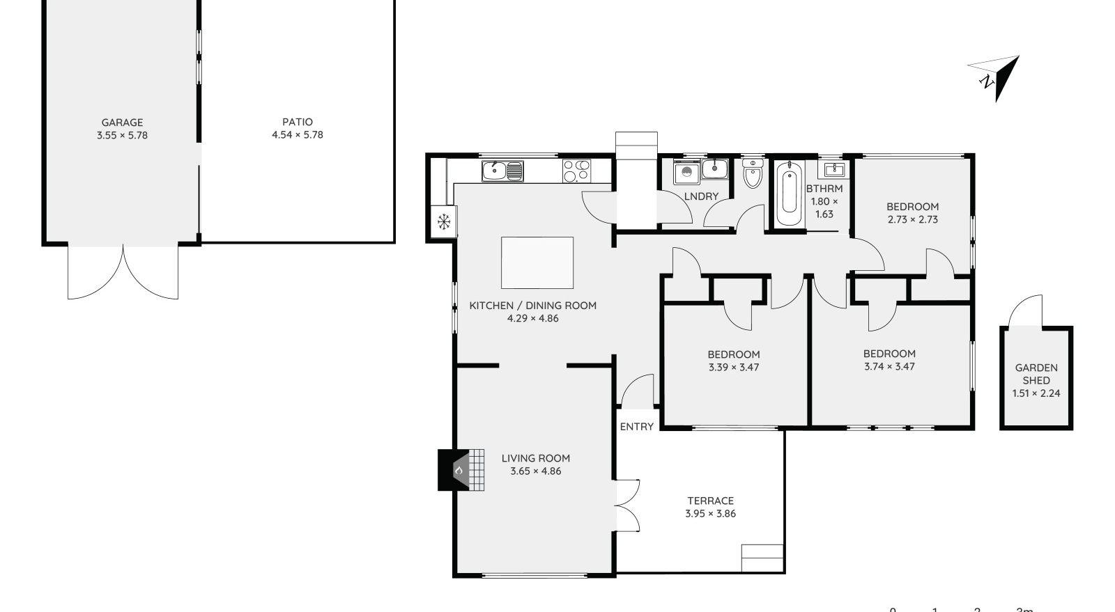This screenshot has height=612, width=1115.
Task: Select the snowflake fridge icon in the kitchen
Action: point(443,222)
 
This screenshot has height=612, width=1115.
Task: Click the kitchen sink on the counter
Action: point(502,171)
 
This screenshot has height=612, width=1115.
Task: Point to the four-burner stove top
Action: point(576,171)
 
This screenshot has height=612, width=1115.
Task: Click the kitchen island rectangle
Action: point(537,262)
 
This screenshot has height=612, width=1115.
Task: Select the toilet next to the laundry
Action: point(753,174)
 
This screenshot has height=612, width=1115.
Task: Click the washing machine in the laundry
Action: point(686,171)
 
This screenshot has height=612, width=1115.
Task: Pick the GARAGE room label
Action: point(122,123)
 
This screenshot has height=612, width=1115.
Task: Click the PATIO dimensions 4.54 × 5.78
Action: point(298,135)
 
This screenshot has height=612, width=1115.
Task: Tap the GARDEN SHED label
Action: point(1036,374)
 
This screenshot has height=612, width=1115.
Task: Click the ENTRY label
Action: point(636,426)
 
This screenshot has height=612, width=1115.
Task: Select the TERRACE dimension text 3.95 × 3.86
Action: point(710,514)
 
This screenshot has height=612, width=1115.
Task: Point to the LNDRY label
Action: point(701,196)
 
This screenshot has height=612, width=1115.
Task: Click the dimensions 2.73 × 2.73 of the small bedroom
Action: point(912,219)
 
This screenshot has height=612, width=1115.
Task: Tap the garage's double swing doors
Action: point(123,273)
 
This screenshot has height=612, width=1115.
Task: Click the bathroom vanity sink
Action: point(834,169)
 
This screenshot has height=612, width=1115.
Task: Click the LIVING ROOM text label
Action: point(536,458)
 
